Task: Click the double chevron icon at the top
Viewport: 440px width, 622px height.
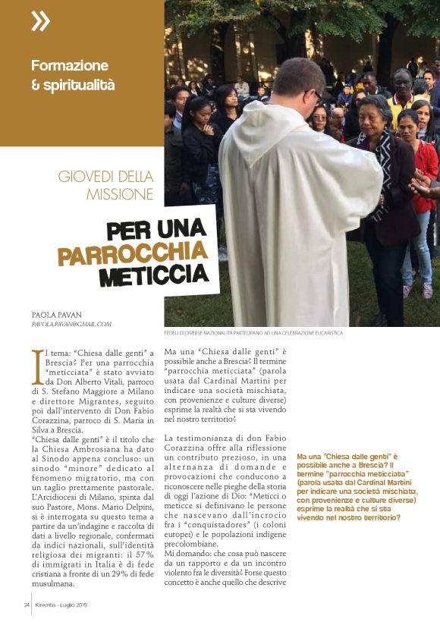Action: point(40,22)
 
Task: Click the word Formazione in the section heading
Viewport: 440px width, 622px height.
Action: point(70,66)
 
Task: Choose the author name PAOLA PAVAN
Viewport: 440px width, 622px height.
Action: point(58,313)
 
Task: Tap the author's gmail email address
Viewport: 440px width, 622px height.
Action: point(71,324)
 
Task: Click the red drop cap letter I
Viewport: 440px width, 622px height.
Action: point(37,361)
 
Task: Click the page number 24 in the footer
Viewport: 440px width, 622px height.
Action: point(25,605)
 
